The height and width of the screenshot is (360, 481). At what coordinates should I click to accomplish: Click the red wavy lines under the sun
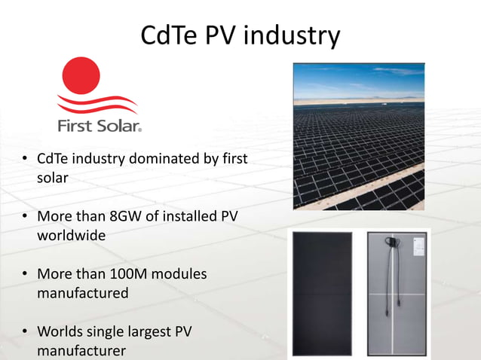97,103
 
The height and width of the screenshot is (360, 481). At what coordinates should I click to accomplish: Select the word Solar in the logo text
118,126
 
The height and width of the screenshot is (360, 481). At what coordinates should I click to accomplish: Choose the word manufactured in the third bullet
83,293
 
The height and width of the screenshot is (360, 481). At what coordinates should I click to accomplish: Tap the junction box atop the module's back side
394,243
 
